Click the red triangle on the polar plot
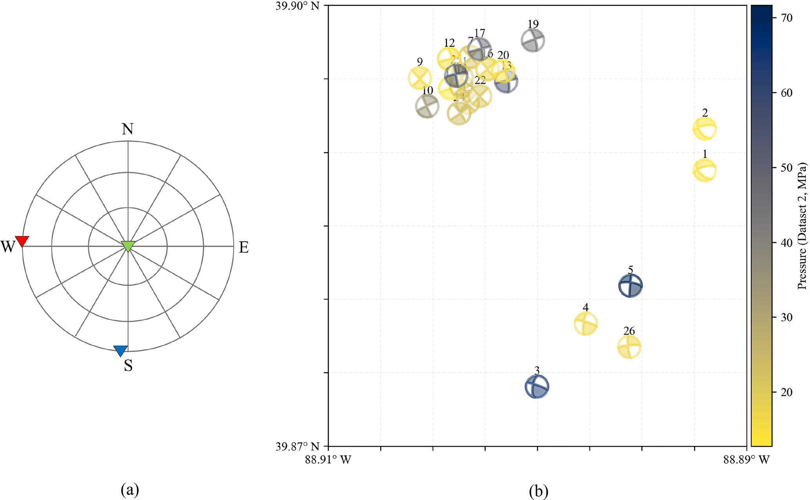point(22,241)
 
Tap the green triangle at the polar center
point(128,246)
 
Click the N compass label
point(127,129)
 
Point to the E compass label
point(244,247)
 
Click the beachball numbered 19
point(533,40)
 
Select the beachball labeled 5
point(630,285)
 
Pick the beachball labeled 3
point(537,387)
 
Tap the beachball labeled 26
point(629,347)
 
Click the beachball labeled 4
point(585,324)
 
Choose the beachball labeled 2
point(705,129)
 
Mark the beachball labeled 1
point(705,170)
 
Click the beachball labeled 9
point(420,78)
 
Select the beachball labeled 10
point(427,106)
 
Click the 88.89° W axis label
point(746,459)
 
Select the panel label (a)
point(130,490)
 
